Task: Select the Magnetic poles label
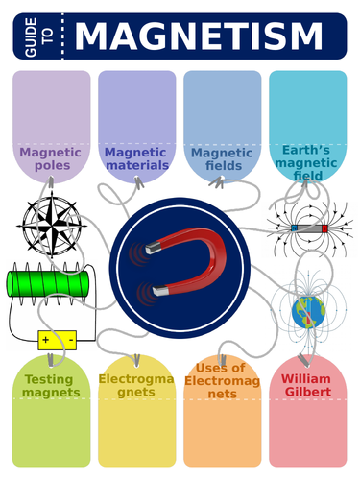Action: point(50,158)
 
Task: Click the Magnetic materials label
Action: point(136,158)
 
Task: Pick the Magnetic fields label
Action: point(222,158)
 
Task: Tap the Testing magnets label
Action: point(49,386)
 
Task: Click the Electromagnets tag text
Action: point(135,386)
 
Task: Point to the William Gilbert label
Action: point(308,385)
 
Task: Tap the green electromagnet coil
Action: point(46,284)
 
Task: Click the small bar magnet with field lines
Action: point(309,228)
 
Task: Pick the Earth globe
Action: point(310,309)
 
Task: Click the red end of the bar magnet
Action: point(324,228)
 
